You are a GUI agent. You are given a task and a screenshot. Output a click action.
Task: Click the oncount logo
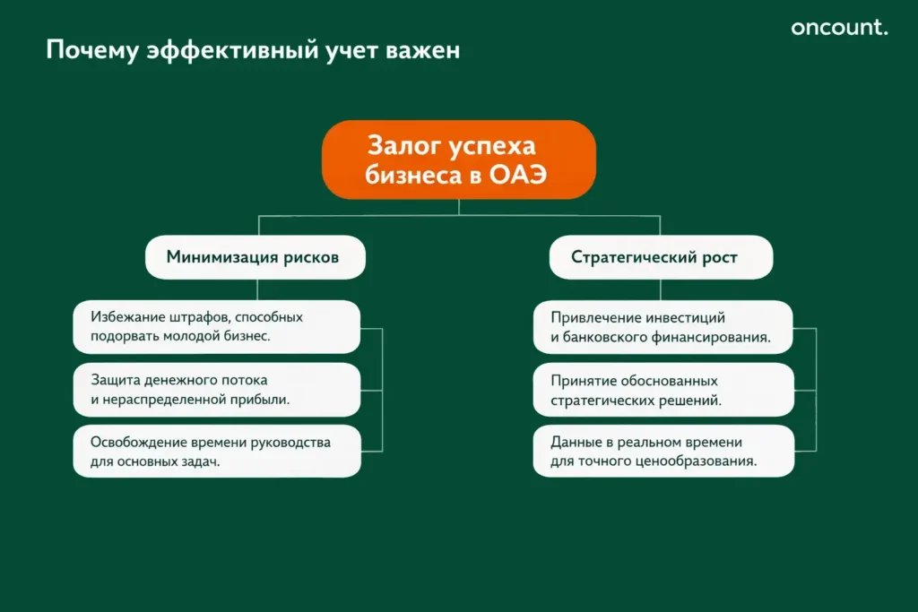[839, 28]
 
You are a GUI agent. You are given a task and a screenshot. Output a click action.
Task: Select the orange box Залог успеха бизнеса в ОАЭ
[458, 159]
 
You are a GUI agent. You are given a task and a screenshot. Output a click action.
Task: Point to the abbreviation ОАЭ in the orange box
[517, 175]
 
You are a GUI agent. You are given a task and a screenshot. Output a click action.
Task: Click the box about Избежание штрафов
[216, 326]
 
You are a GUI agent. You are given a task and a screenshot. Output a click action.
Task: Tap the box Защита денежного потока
[216, 390]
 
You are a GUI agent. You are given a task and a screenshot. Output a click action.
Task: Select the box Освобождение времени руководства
[216, 452]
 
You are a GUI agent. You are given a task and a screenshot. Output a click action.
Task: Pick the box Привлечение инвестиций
[663, 327]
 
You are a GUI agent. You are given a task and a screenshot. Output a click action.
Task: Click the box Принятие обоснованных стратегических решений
[663, 390]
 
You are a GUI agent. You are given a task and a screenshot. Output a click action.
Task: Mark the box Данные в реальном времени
[663, 452]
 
